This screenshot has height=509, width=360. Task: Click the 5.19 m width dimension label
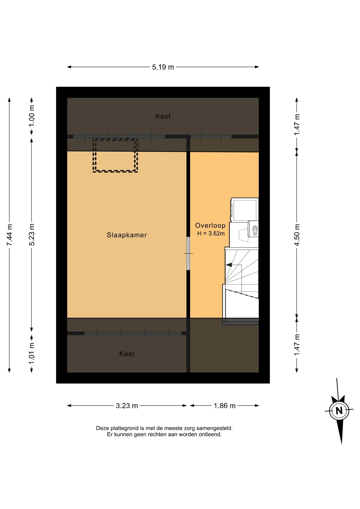point(163,67)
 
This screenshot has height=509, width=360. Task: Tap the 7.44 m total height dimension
point(10,235)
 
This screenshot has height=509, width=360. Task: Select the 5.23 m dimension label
point(32,235)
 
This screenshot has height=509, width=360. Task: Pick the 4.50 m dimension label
point(297,235)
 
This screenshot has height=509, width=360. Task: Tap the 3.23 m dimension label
point(127,406)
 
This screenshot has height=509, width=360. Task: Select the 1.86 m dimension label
point(225,406)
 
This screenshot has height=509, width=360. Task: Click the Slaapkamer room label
point(127,235)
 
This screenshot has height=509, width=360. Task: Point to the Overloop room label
point(210,225)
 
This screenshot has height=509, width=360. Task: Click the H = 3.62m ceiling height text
point(211,233)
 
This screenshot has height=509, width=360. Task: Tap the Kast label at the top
point(163,116)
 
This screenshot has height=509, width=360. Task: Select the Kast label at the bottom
point(127,354)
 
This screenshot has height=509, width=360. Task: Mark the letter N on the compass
point(339,411)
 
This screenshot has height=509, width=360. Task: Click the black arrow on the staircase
point(229,265)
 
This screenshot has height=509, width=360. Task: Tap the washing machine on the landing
point(244,210)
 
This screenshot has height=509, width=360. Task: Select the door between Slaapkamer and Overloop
point(188,253)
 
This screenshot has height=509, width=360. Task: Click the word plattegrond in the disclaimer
point(125,428)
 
